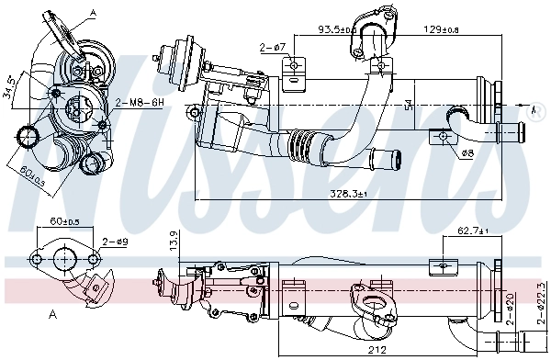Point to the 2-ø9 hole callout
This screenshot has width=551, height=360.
click(x=115, y=241)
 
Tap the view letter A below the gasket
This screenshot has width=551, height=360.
click(x=53, y=314)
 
